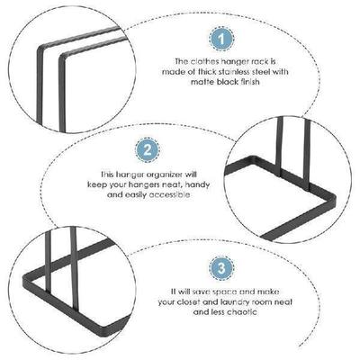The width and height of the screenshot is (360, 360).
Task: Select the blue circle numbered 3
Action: [219, 268]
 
